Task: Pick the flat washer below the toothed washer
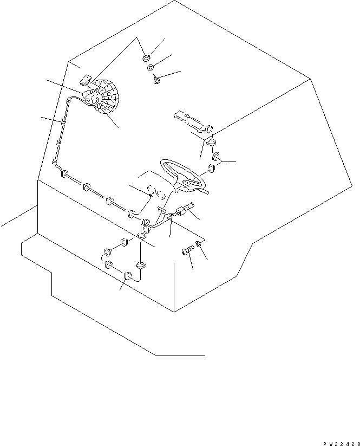point(151,68)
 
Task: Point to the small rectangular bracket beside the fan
point(85,81)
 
